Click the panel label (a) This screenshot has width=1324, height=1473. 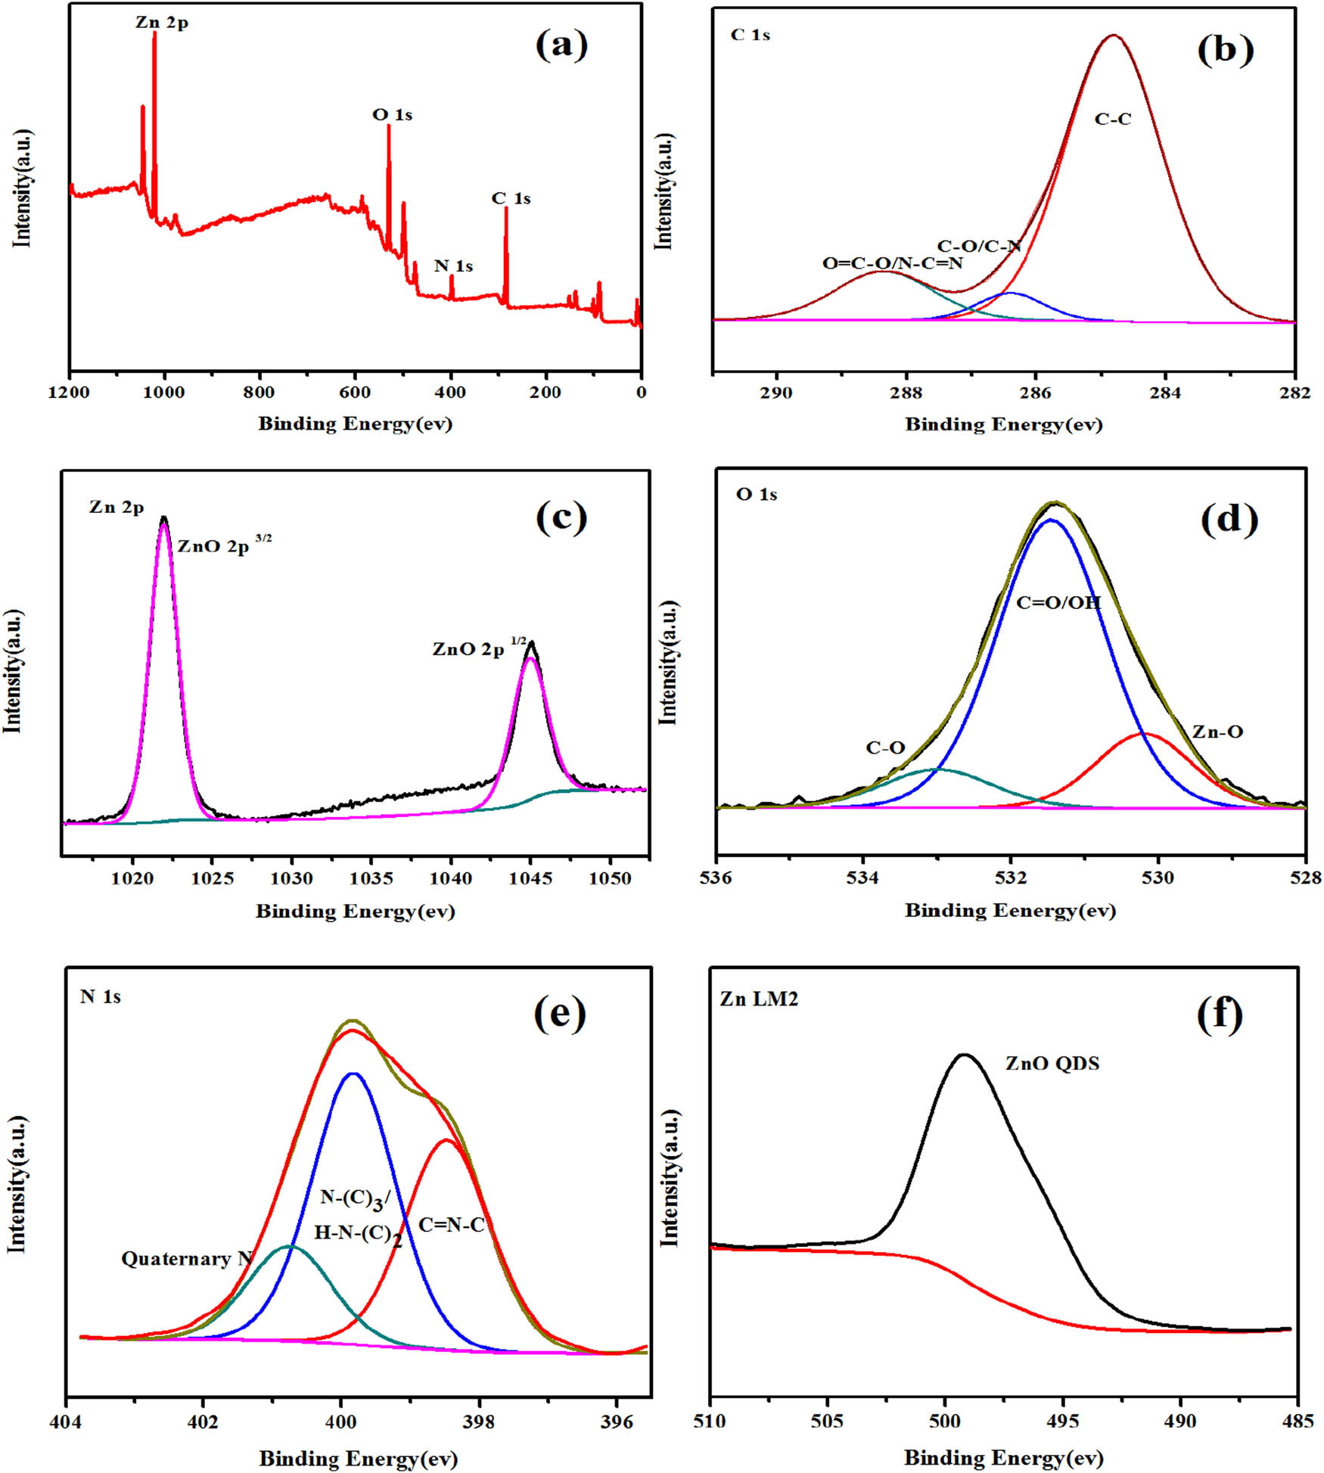pyautogui.click(x=561, y=45)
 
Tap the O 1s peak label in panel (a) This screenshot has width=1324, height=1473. pyautogui.click(x=392, y=115)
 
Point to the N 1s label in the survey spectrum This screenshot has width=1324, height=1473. pyautogui.click(x=453, y=266)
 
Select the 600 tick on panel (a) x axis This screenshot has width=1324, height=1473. pyautogui.click(x=355, y=393)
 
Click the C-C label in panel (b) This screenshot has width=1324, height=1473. pyautogui.click(x=1112, y=120)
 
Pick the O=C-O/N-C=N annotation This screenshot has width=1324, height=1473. pyautogui.click(x=892, y=263)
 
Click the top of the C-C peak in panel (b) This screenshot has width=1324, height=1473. pyautogui.click(x=1113, y=36)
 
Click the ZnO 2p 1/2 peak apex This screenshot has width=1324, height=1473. pyautogui.click(x=531, y=643)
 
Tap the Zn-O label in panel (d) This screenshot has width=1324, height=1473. pyautogui.click(x=1217, y=732)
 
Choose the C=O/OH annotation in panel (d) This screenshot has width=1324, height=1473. pyautogui.click(x=1058, y=603)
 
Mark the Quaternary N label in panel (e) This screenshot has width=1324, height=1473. pyautogui.click(x=186, y=1259)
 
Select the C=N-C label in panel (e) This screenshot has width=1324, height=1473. pyautogui.click(x=451, y=1226)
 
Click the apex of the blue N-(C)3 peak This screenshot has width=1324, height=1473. pyautogui.click(x=353, y=1074)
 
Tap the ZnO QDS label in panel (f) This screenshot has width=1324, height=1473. pyautogui.click(x=1052, y=1064)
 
